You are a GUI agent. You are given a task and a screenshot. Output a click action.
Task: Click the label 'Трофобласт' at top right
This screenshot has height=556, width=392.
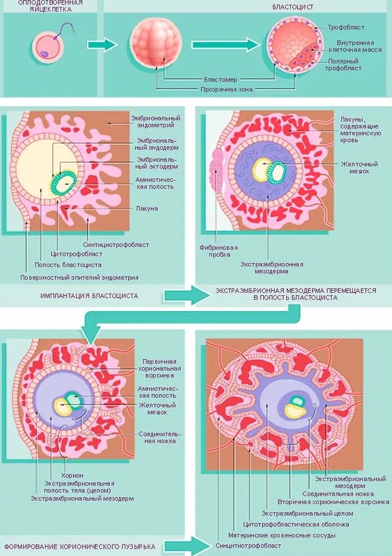[x=346, y=27]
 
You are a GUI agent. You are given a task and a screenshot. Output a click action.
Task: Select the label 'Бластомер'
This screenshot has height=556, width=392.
[x=220, y=79]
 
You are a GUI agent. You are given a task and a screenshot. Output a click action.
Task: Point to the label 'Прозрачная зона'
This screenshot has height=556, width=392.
[x=227, y=89]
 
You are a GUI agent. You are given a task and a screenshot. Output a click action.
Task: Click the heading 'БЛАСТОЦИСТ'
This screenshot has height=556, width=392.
[x=293, y=7]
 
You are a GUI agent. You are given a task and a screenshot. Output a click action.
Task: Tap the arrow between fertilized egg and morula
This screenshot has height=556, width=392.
[x=102, y=45]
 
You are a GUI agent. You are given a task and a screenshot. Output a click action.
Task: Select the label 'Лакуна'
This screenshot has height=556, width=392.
[x=146, y=208]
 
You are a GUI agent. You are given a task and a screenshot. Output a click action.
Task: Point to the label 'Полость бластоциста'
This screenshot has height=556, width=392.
[x=68, y=264]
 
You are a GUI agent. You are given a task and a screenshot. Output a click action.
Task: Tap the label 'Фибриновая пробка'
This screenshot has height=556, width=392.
[x=218, y=251]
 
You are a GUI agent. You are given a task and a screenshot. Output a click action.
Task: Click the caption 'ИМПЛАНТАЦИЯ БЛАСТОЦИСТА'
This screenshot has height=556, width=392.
[x=89, y=295]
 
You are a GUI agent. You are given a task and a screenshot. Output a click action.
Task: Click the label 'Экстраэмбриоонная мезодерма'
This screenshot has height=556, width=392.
[x=272, y=268]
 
